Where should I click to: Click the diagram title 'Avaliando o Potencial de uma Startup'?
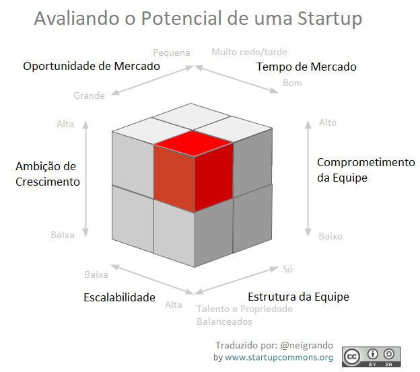click(x=197, y=18)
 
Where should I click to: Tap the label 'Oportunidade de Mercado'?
click(x=92, y=67)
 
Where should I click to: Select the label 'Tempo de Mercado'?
click(x=306, y=67)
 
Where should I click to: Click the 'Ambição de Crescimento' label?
click(x=47, y=174)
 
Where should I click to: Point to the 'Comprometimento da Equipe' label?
click(x=365, y=170)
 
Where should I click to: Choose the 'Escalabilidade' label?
click(x=119, y=297)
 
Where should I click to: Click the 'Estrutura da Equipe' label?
click(x=298, y=297)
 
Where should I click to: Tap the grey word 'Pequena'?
click(x=171, y=52)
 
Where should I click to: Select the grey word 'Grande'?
click(x=89, y=96)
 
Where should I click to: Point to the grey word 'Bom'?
click(x=292, y=83)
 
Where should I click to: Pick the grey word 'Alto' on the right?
click(x=327, y=122)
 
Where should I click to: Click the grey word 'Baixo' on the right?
click(x=330, y=236)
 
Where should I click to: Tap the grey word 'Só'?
click(x=287, y=269)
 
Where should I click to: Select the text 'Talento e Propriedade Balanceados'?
click(x=244, y=315)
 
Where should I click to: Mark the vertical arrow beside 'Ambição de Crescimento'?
click(x=86, y=178)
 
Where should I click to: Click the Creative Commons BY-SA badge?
click(x=371, y=357)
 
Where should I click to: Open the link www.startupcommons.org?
click(x=279, y=357)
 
